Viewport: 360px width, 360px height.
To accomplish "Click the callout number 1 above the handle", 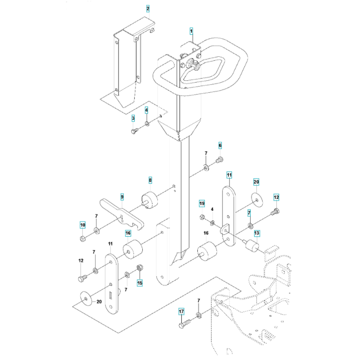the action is [x=191, y=31].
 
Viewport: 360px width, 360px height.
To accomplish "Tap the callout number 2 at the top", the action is [x=148, y=9].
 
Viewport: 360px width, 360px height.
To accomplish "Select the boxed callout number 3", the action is [x=133, y=118].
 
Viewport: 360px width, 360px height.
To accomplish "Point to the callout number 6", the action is [x=220, y=145].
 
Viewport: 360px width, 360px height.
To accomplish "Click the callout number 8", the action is [x=150, y=180].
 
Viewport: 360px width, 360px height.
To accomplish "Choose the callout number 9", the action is [x=122, y=197].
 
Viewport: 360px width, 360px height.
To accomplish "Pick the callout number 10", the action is [x=83, y=225].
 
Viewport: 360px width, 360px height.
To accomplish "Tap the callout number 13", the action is [x=257, y=233].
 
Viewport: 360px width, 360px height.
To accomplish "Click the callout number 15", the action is [x=140, y=283].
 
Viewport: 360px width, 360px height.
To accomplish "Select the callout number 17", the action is [x=181, y=311].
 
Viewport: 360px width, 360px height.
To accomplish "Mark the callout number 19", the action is [x=202, y=203].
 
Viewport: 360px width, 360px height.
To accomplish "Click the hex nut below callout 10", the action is [x=82, y=239].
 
